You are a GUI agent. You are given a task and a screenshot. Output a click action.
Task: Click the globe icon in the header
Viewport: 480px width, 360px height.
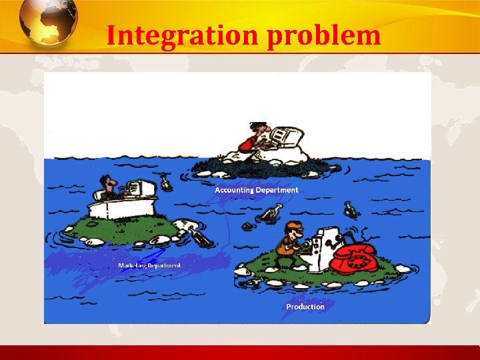coord(47,22)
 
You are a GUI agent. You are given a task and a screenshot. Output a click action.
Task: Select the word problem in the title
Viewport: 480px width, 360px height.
coord(324,36)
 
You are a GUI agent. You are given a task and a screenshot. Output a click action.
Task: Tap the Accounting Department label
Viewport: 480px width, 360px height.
coord(256,190)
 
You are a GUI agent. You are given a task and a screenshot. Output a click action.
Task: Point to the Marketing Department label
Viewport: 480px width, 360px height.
coord(149,265)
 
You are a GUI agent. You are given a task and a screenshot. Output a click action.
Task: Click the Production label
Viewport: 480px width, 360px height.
coord(305,307)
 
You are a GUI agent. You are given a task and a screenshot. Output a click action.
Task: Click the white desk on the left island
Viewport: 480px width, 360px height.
coord(123,209)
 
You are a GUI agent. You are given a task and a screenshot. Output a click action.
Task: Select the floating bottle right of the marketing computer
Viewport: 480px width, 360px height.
coord(165,181)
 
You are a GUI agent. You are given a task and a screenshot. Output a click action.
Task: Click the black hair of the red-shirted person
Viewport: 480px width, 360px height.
coord(257,126)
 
